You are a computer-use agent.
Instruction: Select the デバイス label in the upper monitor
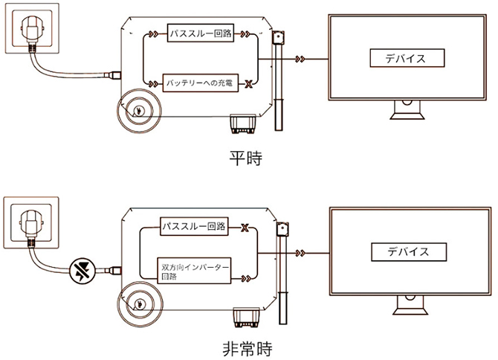click(x=407, y=57)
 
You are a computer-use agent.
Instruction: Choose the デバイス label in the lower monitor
click(x=407, y=251)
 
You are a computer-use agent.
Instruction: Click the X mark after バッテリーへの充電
click(x=248, y=83)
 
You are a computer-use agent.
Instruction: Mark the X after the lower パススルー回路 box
click(x=243, y=226)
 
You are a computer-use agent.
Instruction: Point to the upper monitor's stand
click(x=408, y=112)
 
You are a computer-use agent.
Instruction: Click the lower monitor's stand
click(x=408, y=303)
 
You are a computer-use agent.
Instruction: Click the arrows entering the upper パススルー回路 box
click(x=153, y=34)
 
